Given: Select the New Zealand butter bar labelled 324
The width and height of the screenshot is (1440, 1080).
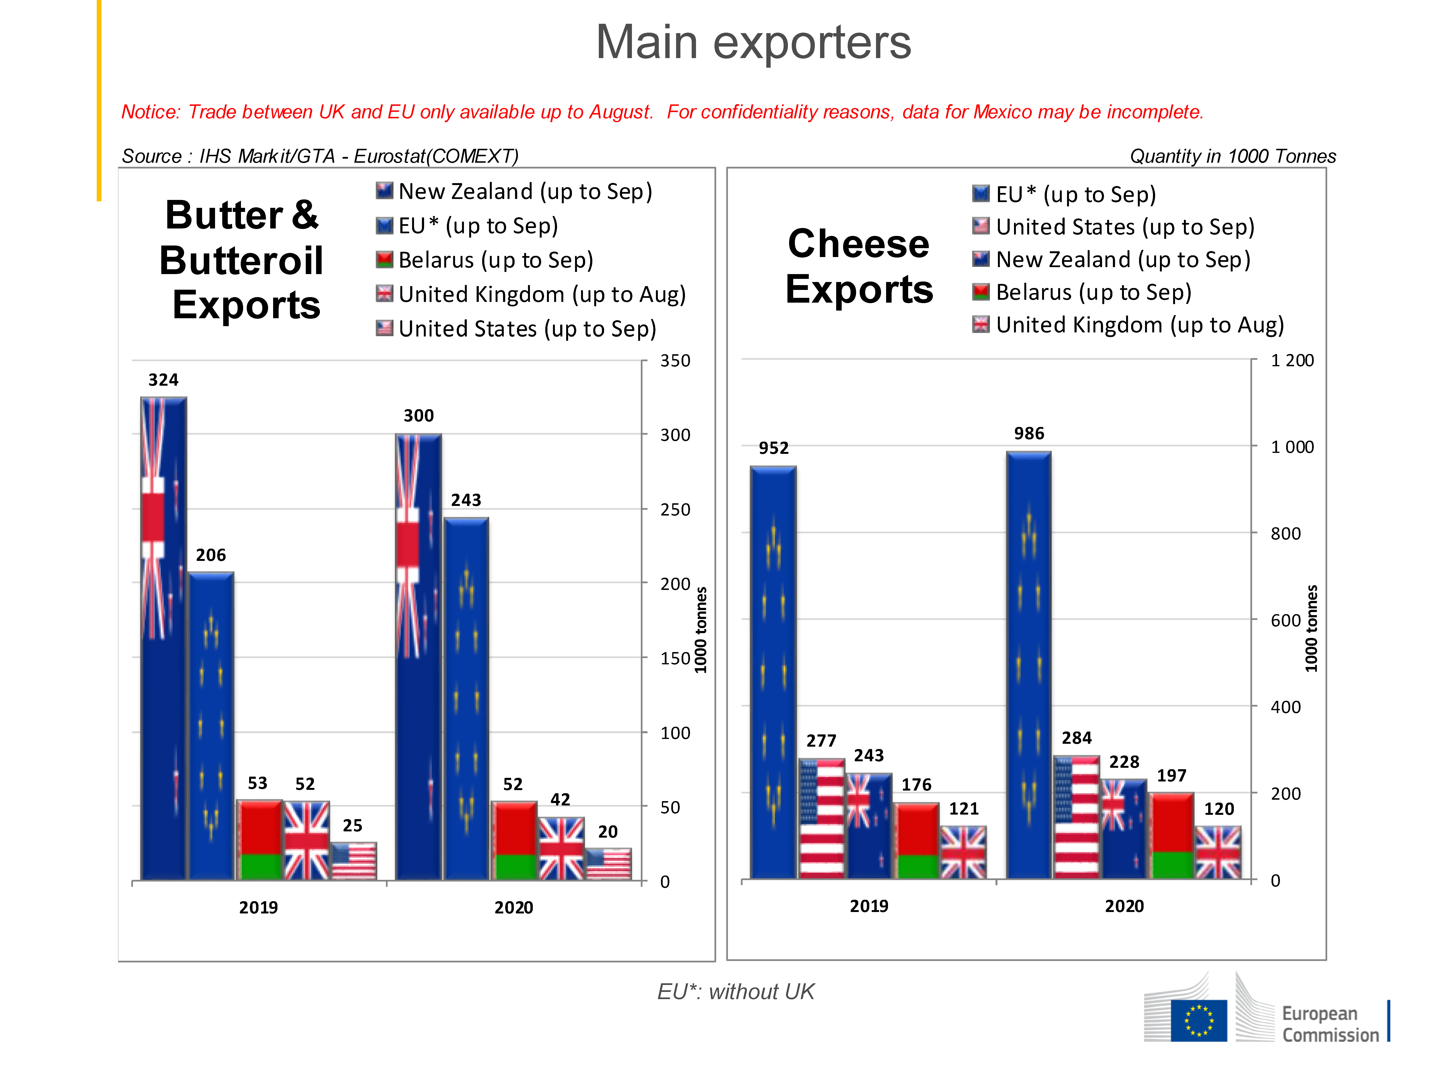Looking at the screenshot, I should [163, 638].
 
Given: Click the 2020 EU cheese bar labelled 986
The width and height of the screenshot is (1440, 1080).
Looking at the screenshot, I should [1029, 664].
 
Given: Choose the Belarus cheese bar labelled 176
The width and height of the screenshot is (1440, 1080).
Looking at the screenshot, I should [917, 840].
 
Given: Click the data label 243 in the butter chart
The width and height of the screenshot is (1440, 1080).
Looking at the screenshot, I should [466, 500].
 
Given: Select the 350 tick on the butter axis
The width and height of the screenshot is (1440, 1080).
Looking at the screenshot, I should [675, 361].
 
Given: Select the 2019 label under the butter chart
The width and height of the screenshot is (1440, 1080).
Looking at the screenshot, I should [258, 907].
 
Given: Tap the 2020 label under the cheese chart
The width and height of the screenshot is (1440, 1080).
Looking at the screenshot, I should [1124, 906].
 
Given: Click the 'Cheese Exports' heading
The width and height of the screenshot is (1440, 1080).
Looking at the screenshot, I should [859, 266].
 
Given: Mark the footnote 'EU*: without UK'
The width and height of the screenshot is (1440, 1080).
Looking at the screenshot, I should [736, 991].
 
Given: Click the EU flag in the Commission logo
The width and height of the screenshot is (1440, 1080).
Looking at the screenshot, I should [1199, 1020].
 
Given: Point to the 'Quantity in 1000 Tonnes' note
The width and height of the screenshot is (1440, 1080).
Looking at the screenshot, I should [1232, 156].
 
